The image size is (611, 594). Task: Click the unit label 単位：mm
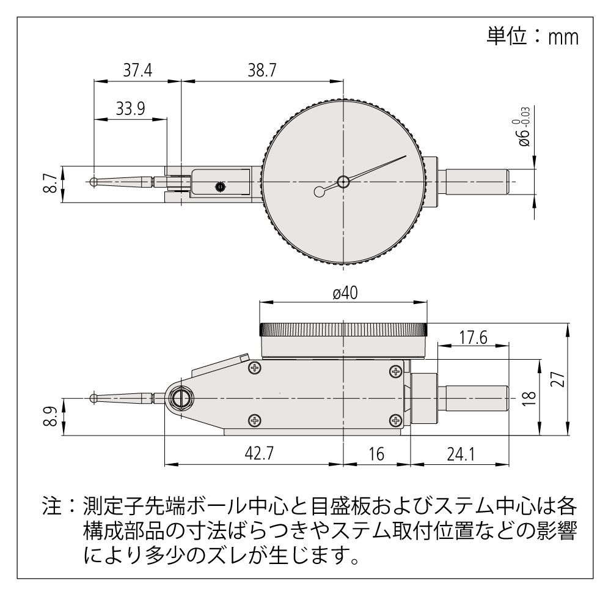click(532, 37)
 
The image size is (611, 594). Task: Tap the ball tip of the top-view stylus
click(92, 182)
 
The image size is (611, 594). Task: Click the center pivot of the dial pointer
click(343, 181)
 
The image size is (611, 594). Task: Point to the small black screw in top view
click(219, 187)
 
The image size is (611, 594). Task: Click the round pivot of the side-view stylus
click(180, 398)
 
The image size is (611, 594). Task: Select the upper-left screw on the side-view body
click(255, 368)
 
